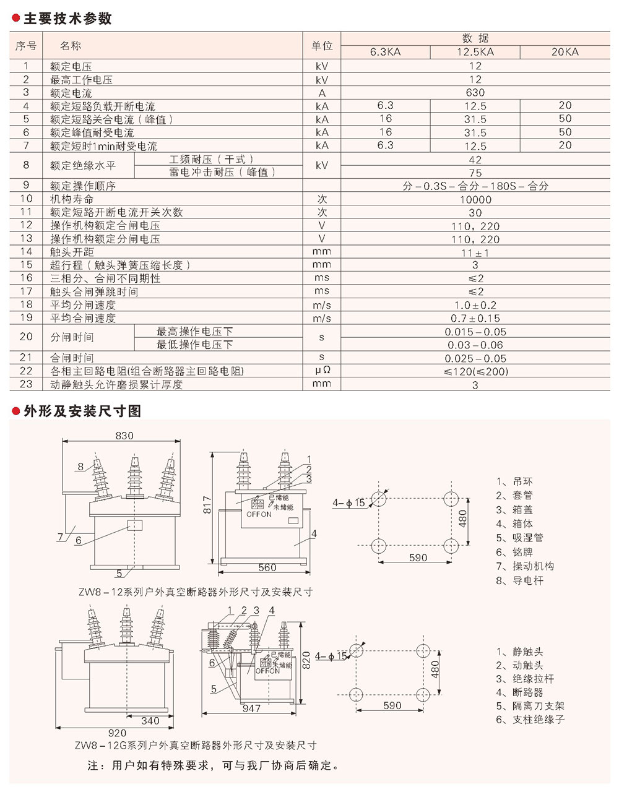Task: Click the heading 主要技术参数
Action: pos(67,19)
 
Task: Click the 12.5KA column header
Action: pos(475,52)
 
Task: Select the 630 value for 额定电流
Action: pos(475,93)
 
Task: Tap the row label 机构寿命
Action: pos(72,199)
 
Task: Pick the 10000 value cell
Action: pos(475,199)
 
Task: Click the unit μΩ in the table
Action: pos(321,371)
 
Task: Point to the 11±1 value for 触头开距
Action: pos(475,252)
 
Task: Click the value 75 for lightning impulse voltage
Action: pos(475,173)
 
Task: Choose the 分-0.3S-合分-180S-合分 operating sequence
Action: pos(475,186)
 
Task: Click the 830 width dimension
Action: pos(124,436)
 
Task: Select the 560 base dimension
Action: pos(267,567)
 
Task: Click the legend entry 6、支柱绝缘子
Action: pos(530,720)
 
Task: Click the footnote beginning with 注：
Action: pos(214,765)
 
